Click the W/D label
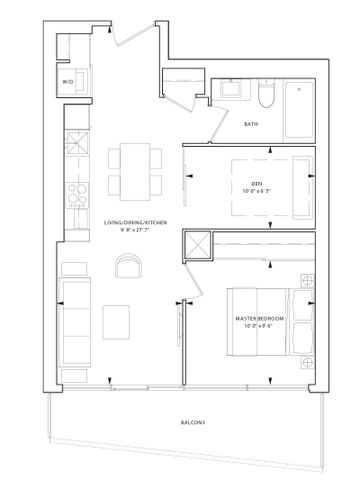(68, 81)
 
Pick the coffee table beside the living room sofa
(115, 320)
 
